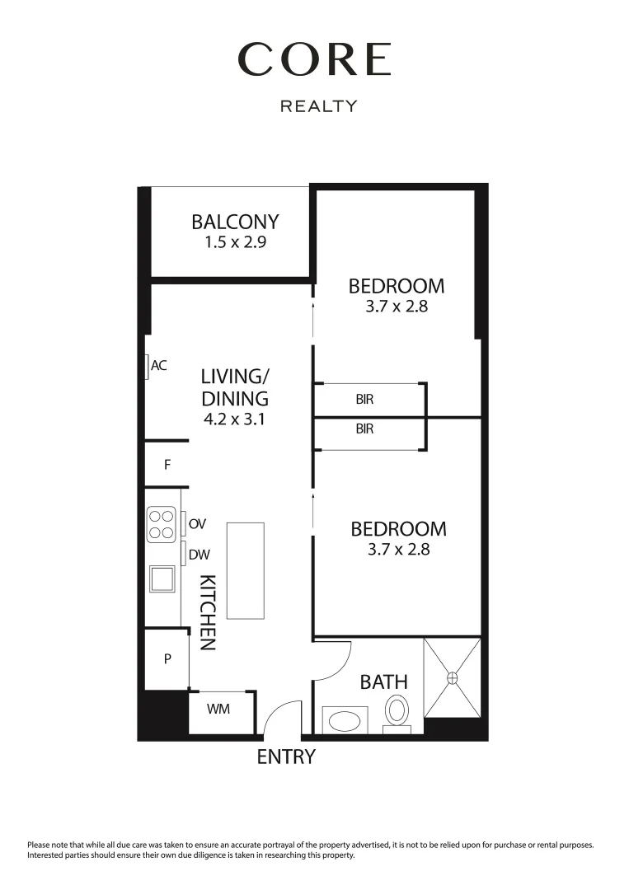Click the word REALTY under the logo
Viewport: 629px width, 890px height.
(x=319, y=106)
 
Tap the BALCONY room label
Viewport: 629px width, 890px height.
(x=235, y=222)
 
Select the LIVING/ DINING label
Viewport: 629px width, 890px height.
(x=235, y=387)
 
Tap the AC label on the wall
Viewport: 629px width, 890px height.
(x=159, y=365)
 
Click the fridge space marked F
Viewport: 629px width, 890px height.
(x=167, y=465)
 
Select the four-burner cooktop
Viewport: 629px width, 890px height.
(x=162, y=525)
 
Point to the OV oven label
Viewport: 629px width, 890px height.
(x=197, y=524)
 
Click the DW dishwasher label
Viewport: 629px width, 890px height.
(x=199, y=555)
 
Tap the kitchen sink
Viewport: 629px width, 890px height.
(x=162, y=578)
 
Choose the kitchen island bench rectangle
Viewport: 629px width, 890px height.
(x=246, y=570)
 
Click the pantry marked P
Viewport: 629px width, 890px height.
(x=167, y=659)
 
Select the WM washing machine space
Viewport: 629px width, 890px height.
(x=218, y=709)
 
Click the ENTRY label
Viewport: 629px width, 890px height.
(x=286, y=757)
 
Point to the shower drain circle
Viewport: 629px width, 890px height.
(x=452, y=677)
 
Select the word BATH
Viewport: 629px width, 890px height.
(x=383, y=682)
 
